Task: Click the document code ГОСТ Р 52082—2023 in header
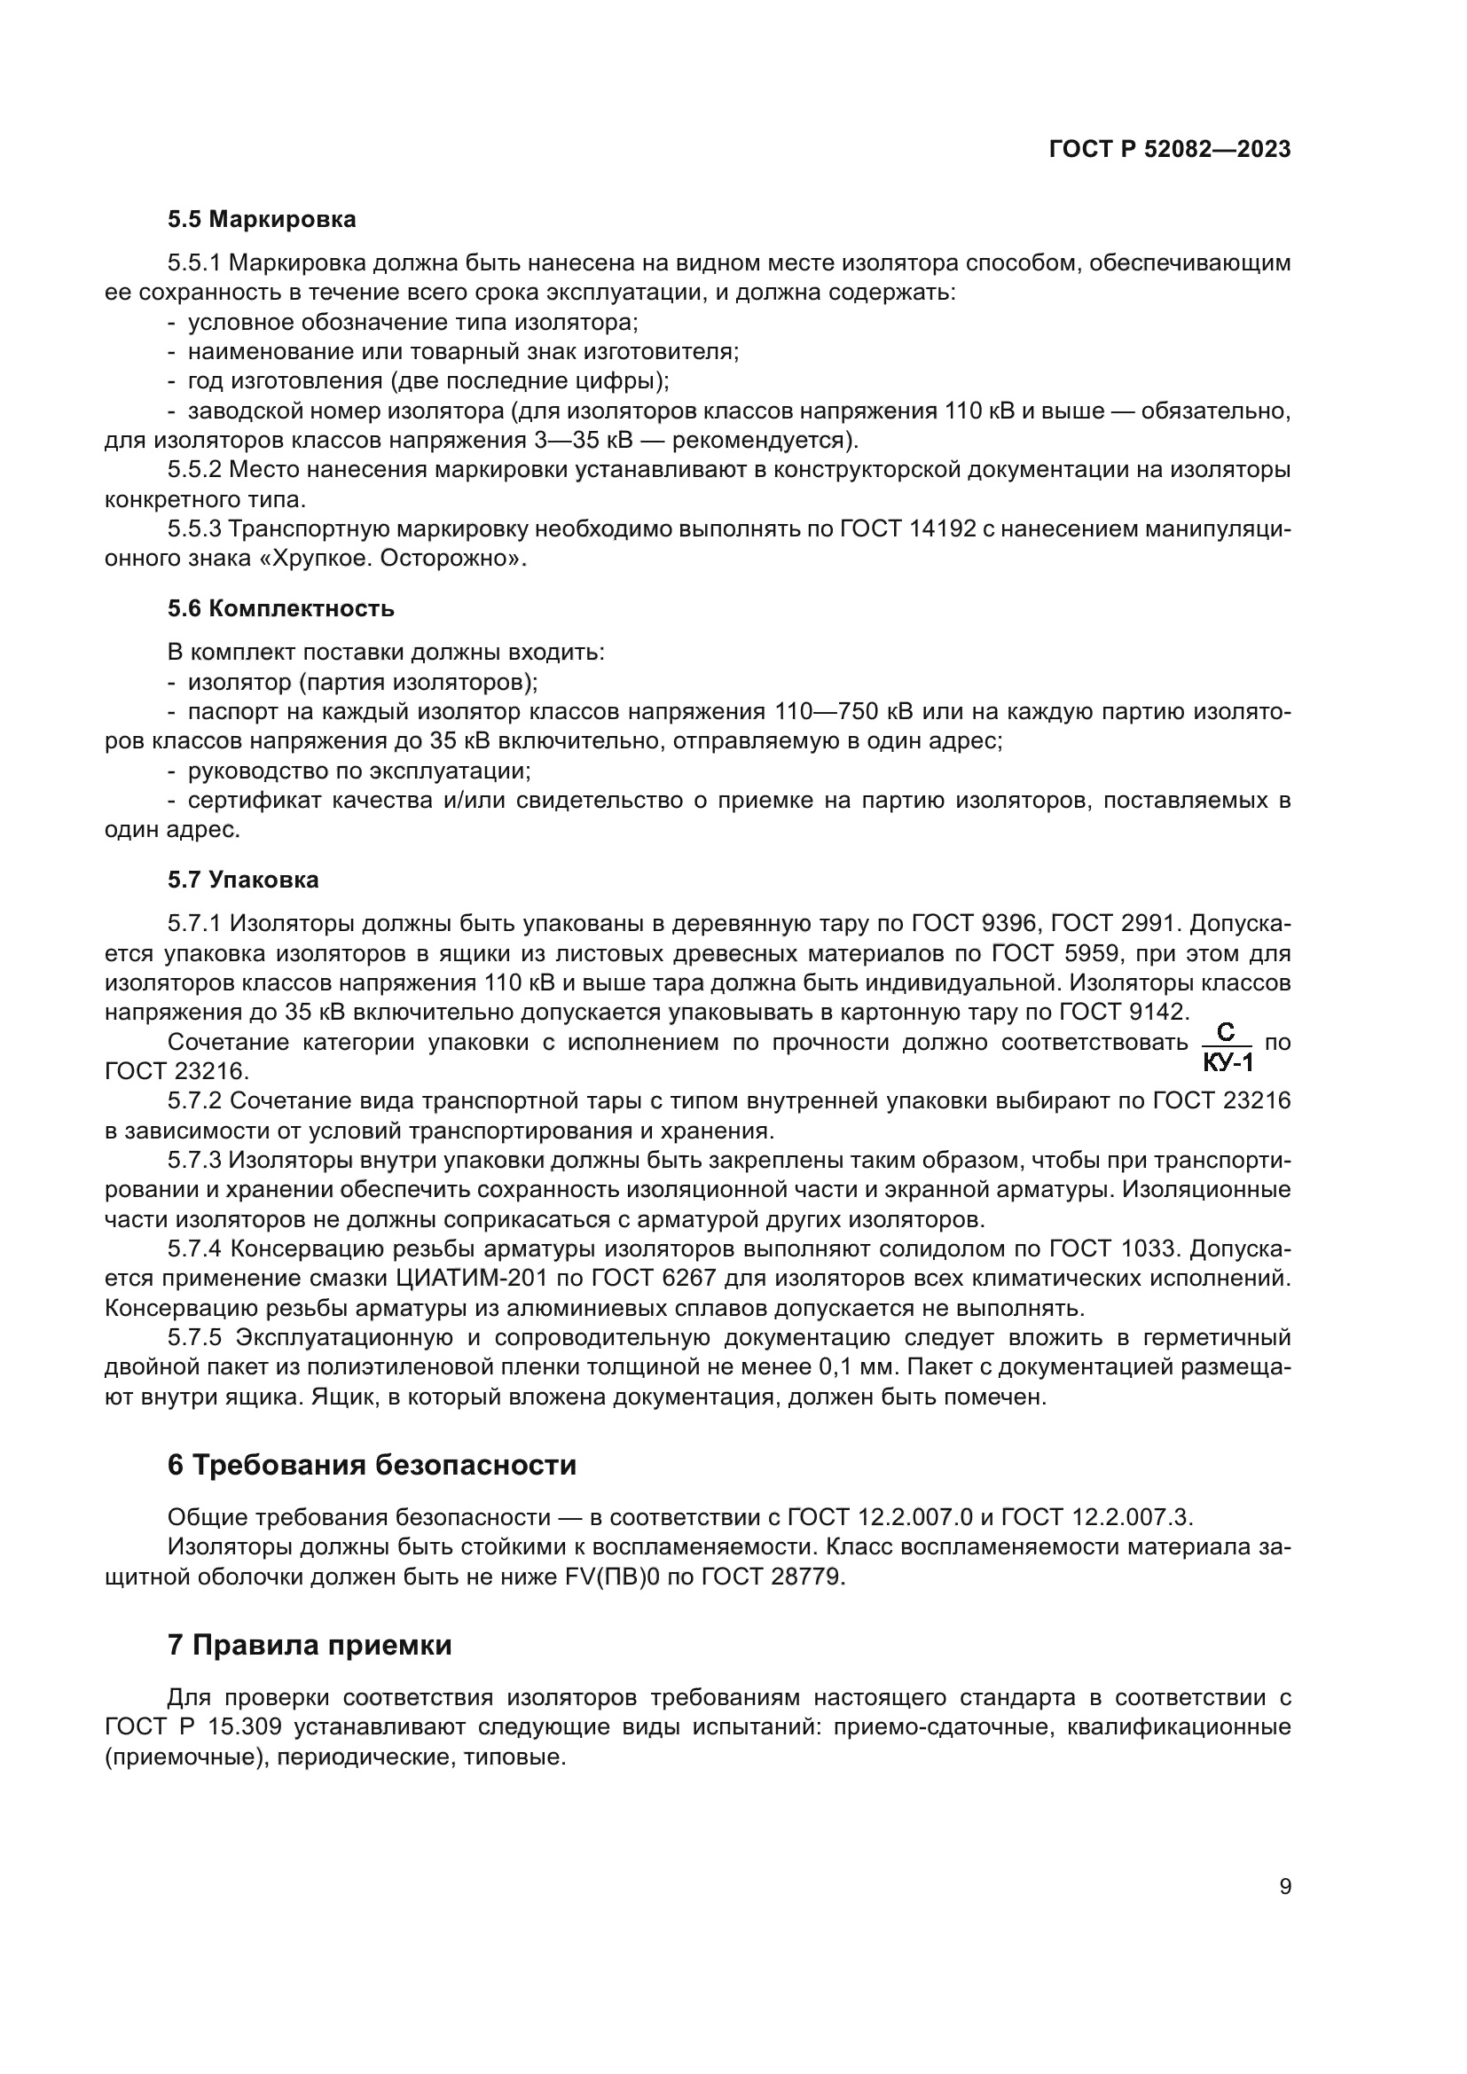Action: point(1170,150)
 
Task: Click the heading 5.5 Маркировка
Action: point(261,220)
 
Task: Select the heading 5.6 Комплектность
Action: point(280,608)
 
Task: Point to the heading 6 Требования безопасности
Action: point(372,1464)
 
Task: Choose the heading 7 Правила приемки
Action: point(309,1645)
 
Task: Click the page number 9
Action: point(1285,1886)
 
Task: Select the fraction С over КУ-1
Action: point(1227,1047)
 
